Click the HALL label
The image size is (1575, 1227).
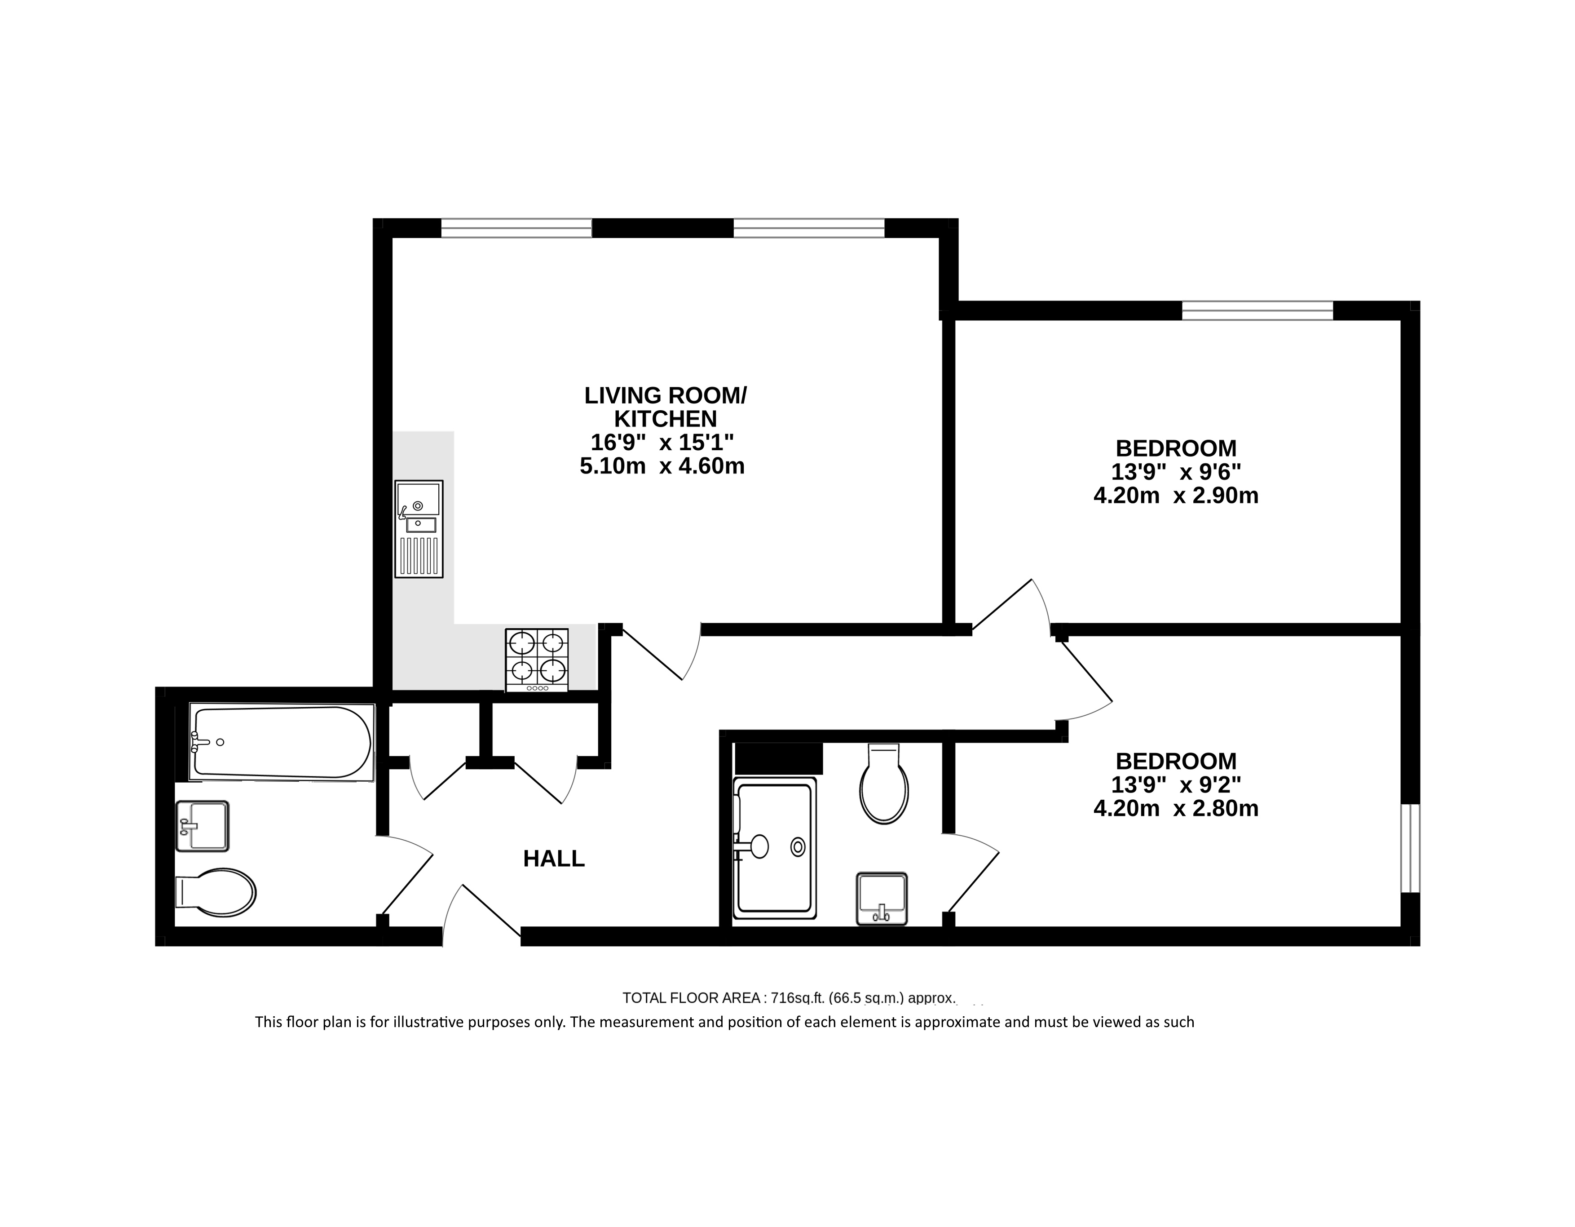[x=553, y=859]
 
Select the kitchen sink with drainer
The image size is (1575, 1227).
[x=419, y=529]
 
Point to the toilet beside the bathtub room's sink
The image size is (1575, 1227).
[x=216, y=892]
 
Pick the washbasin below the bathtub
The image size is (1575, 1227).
[x=203, y=826]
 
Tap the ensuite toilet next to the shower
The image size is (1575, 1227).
[x=884, y=784]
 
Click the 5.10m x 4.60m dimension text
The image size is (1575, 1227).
[x=662, y=466]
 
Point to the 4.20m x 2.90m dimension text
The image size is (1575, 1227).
[x=1176, y=496]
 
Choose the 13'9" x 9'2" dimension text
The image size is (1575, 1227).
[x=1176, y=785]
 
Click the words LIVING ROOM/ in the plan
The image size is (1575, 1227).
[x=666, y=395]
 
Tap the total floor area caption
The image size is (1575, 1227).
[x=788, y=998]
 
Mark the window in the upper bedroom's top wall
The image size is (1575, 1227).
[x=1257, y=310]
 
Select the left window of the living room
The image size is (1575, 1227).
[x=516, y=228]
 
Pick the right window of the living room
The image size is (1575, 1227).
[x=809, y=228]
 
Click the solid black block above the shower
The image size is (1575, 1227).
[x=779, y=758]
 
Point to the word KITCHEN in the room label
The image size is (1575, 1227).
[x=666, y=419]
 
